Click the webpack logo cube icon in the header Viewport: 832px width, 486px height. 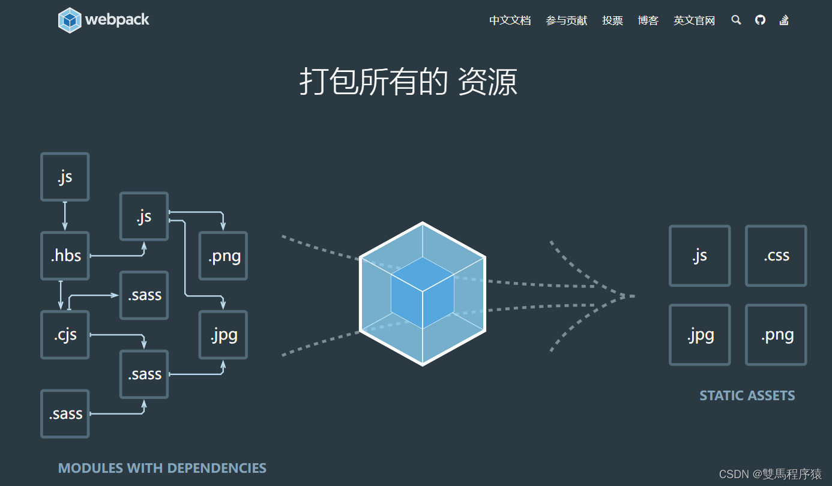[70, 20]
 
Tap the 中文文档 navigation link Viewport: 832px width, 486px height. [510, 20]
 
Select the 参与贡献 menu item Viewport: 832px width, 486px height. [566, 20]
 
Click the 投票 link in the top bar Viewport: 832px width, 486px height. [612, 20]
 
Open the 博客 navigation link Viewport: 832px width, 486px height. [648, 20]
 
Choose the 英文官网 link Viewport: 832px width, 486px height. [694, 20]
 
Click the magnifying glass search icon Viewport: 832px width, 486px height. [736, 20]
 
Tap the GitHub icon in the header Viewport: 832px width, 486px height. [760, 20]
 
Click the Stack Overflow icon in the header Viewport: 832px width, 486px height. [783, 20]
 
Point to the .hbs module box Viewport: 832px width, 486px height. [65, 256]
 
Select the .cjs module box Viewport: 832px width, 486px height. [65, 335]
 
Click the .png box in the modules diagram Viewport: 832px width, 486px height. [223, 256]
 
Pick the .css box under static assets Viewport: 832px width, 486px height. [776, 256]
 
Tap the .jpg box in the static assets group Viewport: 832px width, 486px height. [700, 335]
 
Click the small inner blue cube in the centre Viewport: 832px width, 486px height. [423, 293]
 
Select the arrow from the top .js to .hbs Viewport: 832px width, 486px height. [65, 216]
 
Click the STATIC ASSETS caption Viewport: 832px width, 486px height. [747, 396]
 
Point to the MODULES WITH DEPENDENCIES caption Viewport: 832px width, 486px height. [162, 468]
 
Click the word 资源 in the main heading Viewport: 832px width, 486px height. [487, 82]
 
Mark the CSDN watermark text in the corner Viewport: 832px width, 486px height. [770, 475]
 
